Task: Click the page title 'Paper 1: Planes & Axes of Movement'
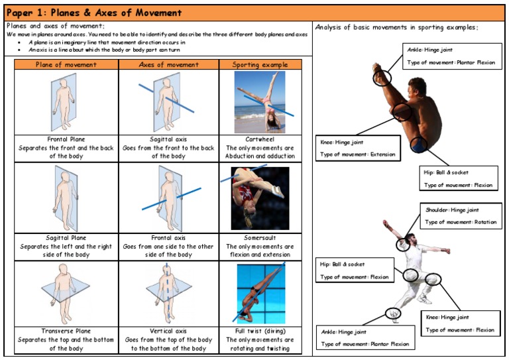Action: pyautogui.click(x=93, y=12)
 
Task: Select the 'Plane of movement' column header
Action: pyautogui.click(x=66, y=64)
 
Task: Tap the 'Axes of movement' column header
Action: pyautogui.click(x=168, y=64)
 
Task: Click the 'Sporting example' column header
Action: pyautogui.click(x=260, y=64)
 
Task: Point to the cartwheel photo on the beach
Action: pyautogui.click(x=260, y=102)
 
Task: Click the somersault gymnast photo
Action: pyautogui.click(x=260, y=198)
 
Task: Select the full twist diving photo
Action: pyautogui.click(x=260, y=293)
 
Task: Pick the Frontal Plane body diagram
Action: pyautogui.click(x=66, y=102)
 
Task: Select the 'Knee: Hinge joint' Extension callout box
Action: pyautogui.click(x=359, y=148)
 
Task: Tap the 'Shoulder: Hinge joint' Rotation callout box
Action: pyautogui.click(x=461, y=215)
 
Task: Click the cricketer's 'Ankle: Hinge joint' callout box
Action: pyautogui.click(x=365, y=337)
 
